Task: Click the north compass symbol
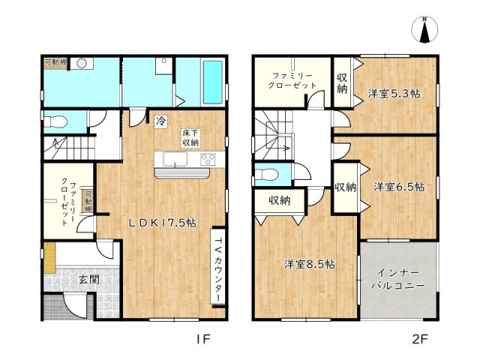(424, 30)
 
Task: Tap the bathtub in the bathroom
(213, 82)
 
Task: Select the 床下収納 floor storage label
(190, 138)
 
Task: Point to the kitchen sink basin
(175, 160)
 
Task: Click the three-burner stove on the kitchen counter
(208, 160)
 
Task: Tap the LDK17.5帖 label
(162, 223)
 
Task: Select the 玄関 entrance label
(89, 279)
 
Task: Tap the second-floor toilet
(266, 175)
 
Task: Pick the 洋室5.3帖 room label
(393, 93)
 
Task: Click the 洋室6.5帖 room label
(398, 187)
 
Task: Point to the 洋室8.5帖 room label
(309, 264)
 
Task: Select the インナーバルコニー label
(398, 279)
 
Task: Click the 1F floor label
(203, 339)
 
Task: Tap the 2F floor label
(420, 339)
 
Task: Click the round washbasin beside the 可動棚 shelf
(82, 63)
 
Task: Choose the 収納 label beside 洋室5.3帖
(342, 83)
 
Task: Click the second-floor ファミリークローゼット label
(292, 80)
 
